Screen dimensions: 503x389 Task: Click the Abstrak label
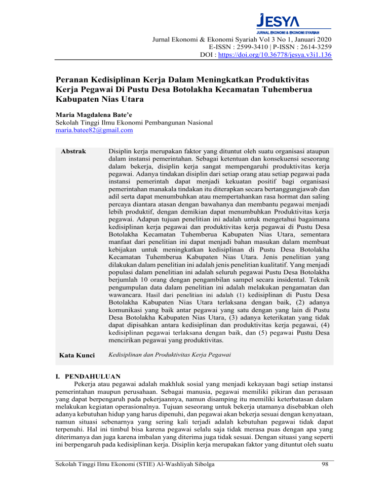tap(73, 151)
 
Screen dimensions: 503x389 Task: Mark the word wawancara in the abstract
tap(124, 294)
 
